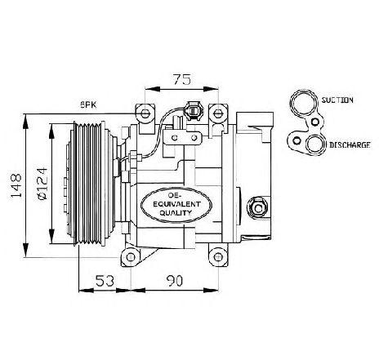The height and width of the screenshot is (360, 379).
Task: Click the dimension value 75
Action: pos(182,79)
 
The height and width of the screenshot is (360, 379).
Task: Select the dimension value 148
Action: pos(16,185)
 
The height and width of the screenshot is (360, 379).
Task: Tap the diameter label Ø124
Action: pos(42,184)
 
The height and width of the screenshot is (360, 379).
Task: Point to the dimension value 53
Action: pos(105,281)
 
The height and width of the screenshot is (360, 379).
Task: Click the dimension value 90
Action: pos(175,281)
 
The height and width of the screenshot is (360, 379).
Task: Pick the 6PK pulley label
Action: pos(88,104)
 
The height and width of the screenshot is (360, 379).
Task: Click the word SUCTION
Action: pos(337,100)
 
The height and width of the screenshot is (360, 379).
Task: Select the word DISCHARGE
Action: pos(350,144)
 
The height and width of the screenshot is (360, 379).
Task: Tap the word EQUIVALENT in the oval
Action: pos(176,204)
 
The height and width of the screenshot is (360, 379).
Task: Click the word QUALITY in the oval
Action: pos(176,212)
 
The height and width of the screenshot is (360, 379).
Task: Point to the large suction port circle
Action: pos(304,102)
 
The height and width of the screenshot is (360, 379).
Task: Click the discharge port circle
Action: pos(315,144)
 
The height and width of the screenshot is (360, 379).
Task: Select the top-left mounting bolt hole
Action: pos(145,113)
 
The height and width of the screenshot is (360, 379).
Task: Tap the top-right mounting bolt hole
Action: pos(218,113)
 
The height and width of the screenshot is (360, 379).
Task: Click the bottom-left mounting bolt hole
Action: pos(131,256)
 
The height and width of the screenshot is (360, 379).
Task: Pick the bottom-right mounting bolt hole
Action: pos(218,256)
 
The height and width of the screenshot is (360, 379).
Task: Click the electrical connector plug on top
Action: pos(193,111)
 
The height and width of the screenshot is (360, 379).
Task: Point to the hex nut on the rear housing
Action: pos(257,208)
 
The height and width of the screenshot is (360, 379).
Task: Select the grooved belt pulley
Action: pos(89,184)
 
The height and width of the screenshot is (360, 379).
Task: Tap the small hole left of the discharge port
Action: pos(297,141)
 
